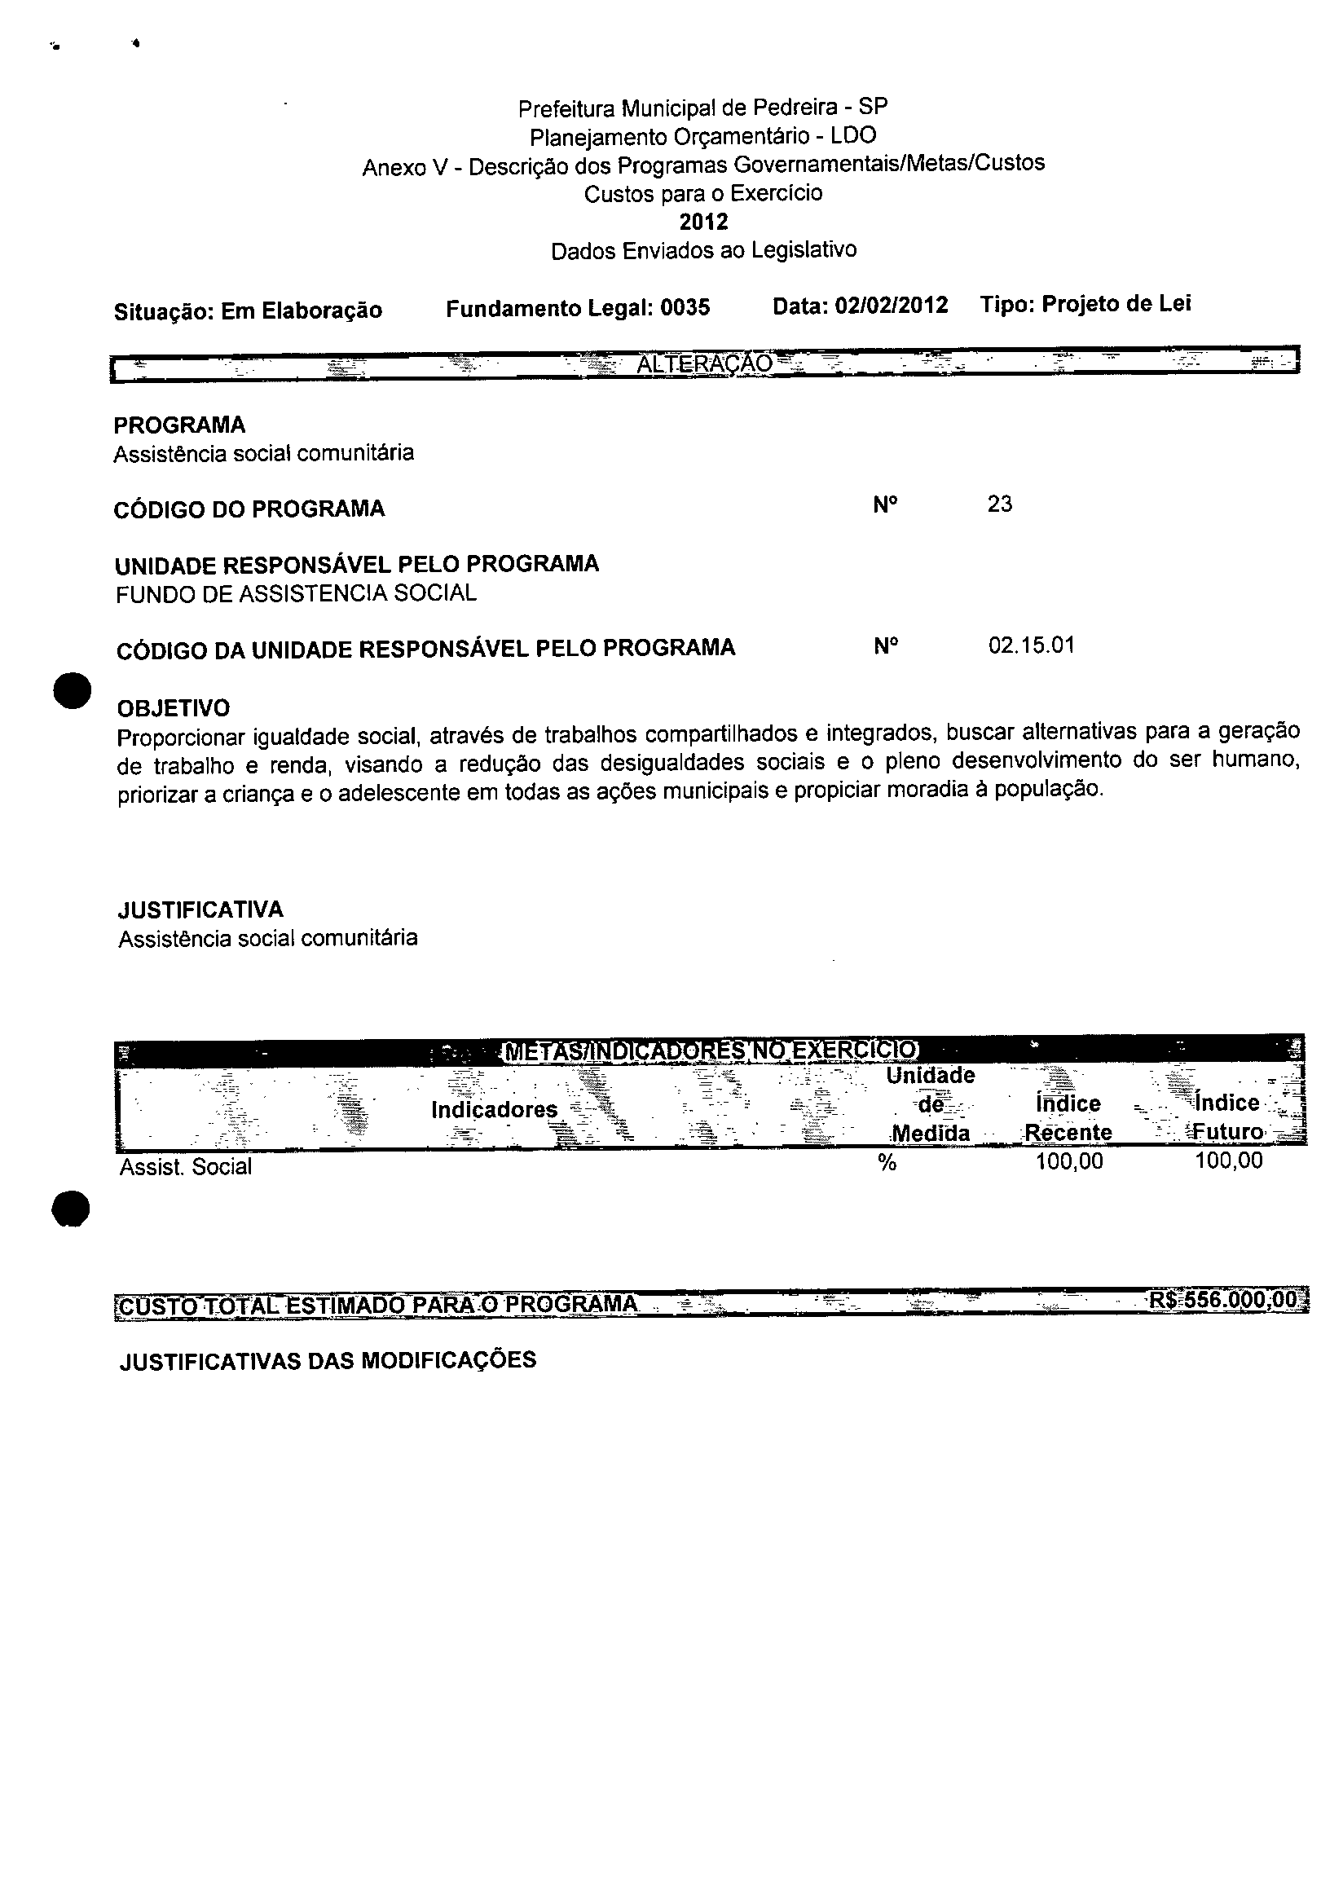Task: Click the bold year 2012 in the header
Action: pos(704,222)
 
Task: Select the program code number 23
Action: pos(999,504)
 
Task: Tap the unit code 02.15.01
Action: pos(1031,645)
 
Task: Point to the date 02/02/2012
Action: pos(892,306)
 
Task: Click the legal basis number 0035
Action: pos(685,308)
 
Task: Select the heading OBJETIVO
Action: pos(174,708)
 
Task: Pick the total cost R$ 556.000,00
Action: pos(1223,1301)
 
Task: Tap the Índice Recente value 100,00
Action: pos(1069,1161)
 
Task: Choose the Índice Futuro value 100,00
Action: pos(1229,1161)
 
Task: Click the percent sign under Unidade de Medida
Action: pos(887,1163)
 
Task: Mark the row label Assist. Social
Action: pos(186,1167)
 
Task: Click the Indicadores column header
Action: pos(495,1109)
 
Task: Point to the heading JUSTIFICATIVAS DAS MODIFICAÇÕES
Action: pos(328,1361)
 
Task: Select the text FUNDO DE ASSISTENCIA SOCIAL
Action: pos(296,593)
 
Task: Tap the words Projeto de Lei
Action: pos(1116,304)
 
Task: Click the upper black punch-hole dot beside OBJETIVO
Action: pos(71,690)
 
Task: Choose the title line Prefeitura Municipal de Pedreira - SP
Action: pos(703,108)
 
